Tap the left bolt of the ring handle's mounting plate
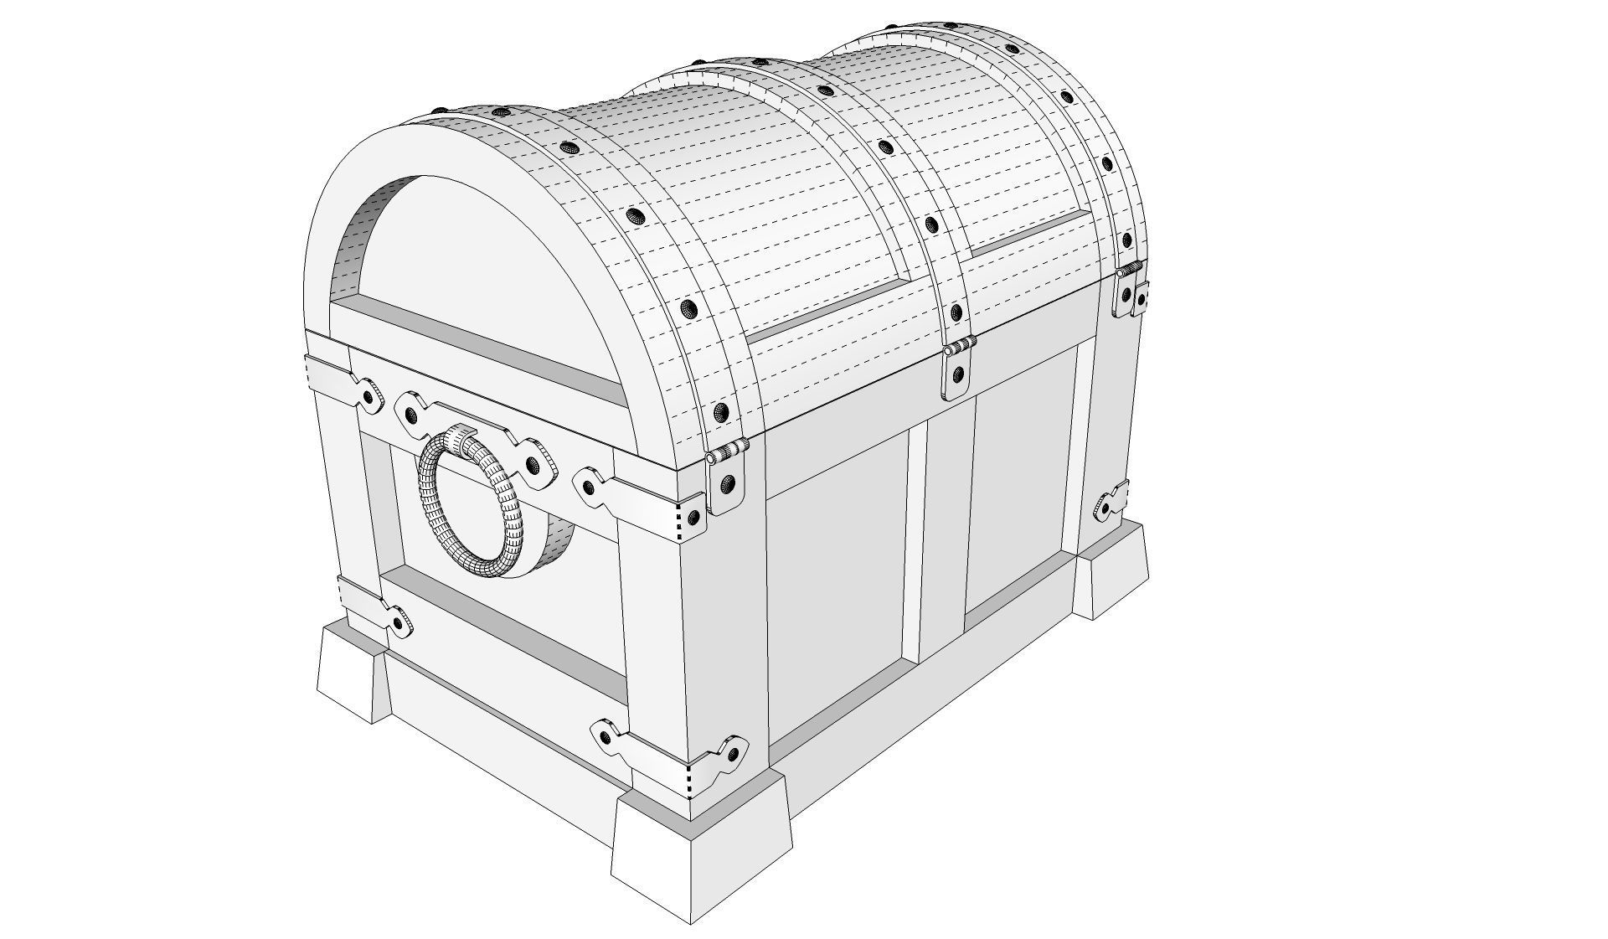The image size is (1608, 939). (x=410, y=414)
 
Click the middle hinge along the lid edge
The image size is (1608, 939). (x=958, y=369)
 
